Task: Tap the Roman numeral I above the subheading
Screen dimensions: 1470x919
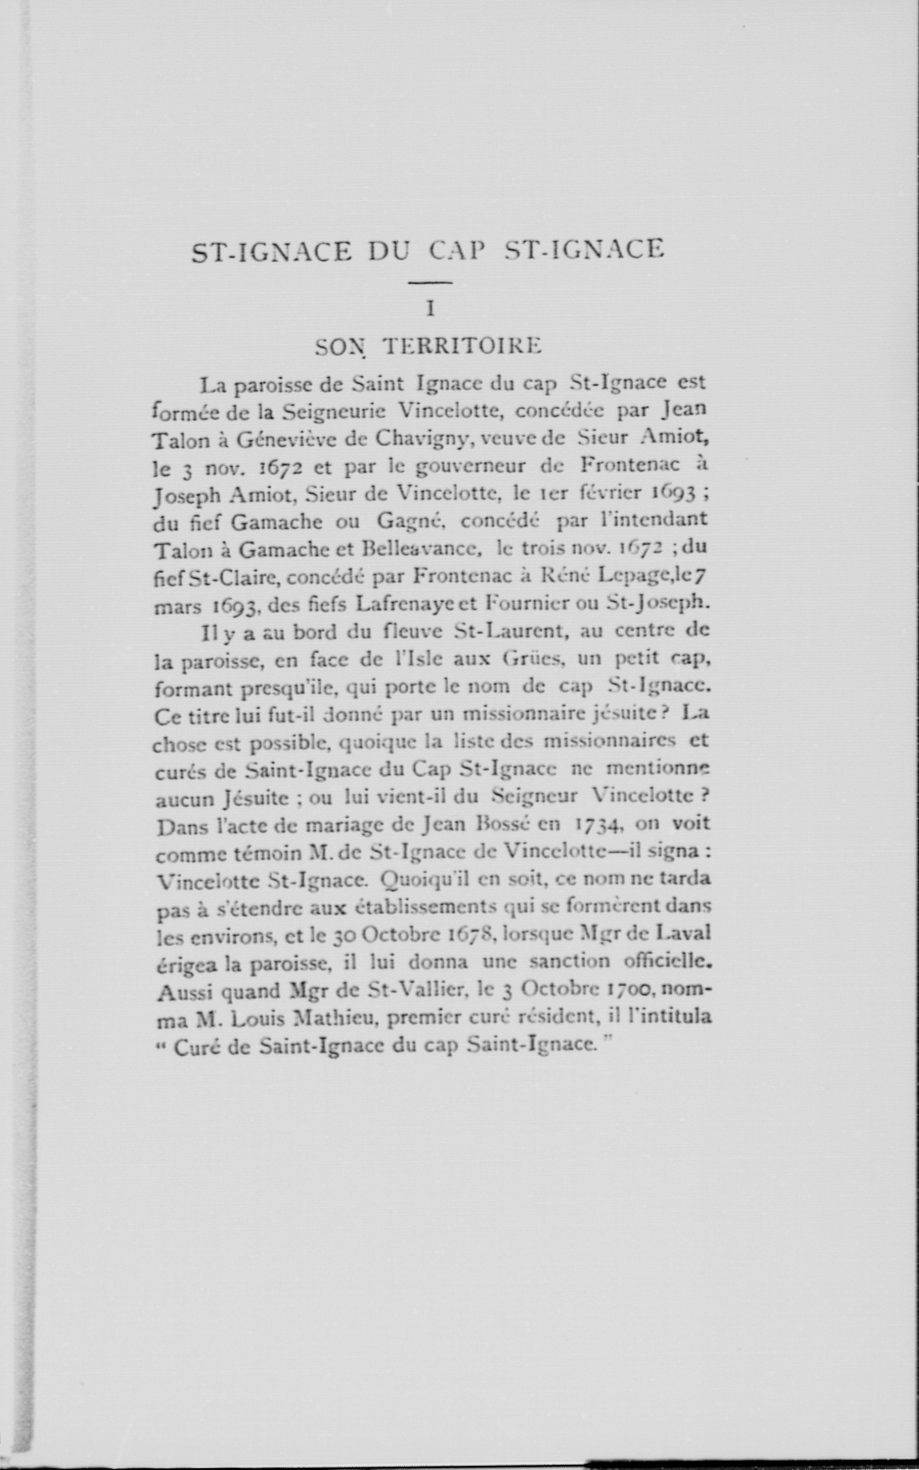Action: (430, 310)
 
